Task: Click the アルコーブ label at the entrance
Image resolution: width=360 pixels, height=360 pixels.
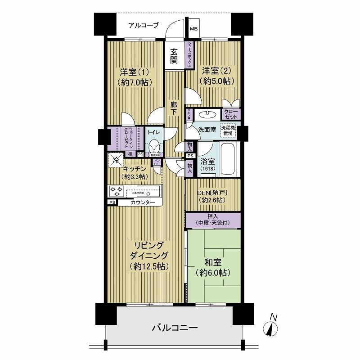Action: point(143,26)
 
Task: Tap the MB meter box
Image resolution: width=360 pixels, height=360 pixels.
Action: point(193,30)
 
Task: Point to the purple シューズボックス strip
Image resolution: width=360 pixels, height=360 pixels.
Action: point(190,55)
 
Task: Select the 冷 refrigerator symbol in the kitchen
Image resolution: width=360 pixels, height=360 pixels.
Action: point(116,159)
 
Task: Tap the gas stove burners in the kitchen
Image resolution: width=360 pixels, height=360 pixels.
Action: point(116,191)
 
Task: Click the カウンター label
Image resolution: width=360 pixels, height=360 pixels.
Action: point(143,203)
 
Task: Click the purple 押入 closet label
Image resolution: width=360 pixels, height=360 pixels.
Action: point(213,220)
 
